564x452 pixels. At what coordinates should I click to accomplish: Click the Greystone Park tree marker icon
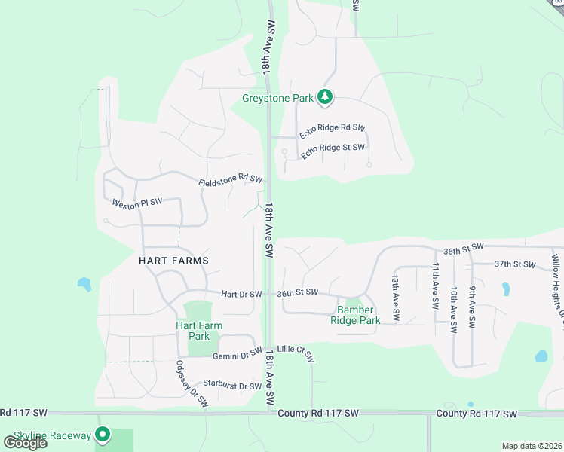325,96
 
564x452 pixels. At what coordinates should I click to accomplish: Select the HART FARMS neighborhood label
173,261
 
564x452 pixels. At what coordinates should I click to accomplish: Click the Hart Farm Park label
198,331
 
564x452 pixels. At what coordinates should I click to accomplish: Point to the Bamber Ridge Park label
355,315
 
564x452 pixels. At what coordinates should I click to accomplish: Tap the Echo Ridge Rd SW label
332,130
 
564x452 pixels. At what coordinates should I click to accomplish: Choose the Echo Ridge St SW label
333,151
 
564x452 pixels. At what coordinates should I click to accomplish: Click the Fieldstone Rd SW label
230,182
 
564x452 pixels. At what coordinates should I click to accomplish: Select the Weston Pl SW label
137,203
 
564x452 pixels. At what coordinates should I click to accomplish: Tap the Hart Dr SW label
241,294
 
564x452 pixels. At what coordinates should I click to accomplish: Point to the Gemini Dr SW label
236,355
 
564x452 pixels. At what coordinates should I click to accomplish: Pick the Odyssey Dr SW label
192,384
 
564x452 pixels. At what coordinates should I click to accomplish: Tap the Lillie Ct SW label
295,350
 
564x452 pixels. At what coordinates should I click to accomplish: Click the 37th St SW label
514,265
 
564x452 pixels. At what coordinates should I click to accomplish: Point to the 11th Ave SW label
435,287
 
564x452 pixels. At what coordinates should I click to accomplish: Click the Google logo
26,443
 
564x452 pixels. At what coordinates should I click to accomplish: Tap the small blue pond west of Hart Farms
84,285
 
